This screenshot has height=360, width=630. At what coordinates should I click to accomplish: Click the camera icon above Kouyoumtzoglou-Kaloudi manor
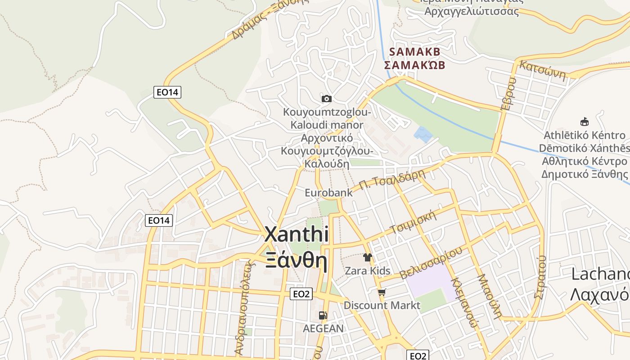pos(327,99)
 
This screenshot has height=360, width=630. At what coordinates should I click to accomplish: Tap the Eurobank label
pos(328,193)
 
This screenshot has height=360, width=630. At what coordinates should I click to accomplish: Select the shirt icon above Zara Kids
pos(368,257)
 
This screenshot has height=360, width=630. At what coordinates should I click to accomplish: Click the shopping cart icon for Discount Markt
pos(382,292)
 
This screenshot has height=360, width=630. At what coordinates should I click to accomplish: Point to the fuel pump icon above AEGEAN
pos(323,315)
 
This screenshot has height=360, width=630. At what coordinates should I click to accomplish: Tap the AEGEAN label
pos(323,328)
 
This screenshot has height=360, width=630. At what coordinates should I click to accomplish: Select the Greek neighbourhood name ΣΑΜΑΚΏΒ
pos(414,65)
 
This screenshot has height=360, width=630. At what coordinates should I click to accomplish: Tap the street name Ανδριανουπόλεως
pos(242,311)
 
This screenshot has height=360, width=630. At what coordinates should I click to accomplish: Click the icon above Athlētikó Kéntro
pos(585,121)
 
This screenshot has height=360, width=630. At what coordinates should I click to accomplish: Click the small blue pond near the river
pos(423,135)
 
